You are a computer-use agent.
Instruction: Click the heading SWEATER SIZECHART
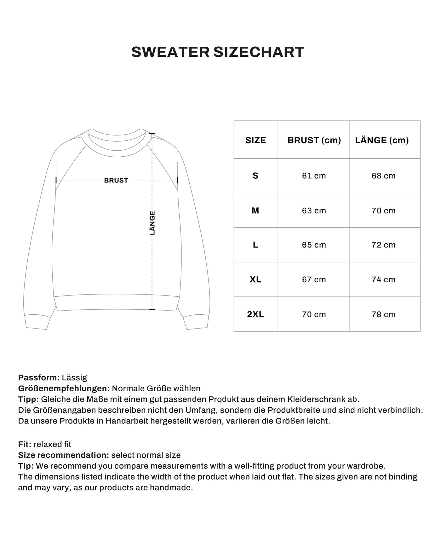coord(218,52)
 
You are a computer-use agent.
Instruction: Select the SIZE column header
coord(255,140)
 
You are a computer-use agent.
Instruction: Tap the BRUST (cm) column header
coord(314,140)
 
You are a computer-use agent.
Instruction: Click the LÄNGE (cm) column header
coord(382,140)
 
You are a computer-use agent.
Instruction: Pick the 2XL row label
coord(255,314)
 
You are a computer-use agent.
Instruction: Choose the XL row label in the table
coord(255,280)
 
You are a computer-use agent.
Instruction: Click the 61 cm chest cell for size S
coord(314,176)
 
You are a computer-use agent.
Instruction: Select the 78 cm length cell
coord(383,314)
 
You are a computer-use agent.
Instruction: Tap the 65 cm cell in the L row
coord(314,245)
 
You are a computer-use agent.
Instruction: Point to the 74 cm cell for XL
coord(383,280)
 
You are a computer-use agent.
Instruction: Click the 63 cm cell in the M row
coord(314,211)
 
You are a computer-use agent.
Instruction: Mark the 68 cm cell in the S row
coord(383,176)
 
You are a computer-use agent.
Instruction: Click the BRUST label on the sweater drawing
coord(116,180)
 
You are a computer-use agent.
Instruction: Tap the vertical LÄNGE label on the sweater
coord(152,223)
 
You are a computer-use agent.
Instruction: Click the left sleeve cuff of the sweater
coord(37,322)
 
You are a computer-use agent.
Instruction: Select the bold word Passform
coord(39,378)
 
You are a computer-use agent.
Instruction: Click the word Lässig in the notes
coord(74,378)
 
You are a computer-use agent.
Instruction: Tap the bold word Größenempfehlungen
coord(64,388)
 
